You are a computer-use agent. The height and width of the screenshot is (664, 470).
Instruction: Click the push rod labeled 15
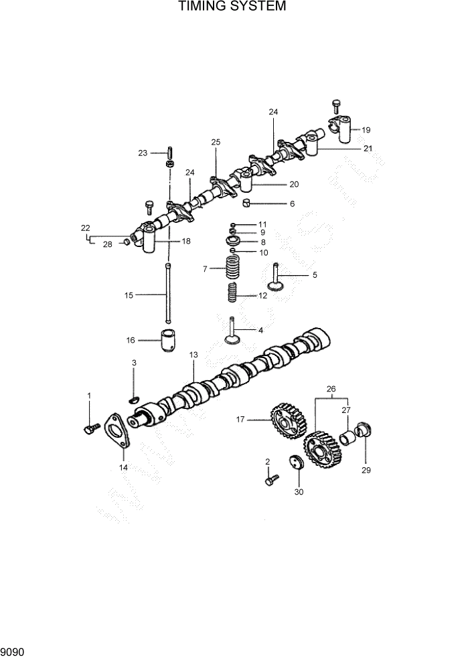(x=168, y=294)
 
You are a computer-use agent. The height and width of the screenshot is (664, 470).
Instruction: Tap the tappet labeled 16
(x=168, y=340)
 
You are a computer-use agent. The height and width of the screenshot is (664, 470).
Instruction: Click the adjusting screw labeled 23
(x=170, y=153)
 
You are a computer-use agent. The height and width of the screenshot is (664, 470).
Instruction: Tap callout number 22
(x=85, y=228)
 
